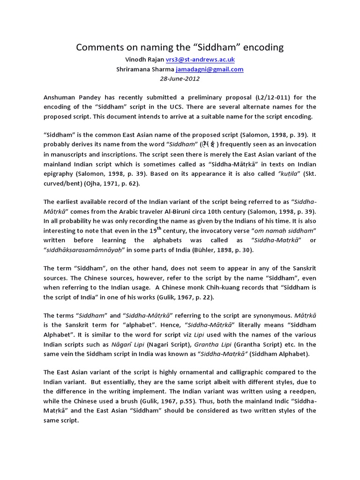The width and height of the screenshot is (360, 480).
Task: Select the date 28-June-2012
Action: (180, 78)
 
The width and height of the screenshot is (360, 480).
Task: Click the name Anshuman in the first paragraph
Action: (60, 97)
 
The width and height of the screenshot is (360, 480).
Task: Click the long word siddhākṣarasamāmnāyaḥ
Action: (82, 250)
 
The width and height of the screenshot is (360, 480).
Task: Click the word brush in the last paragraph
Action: (137, 401)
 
